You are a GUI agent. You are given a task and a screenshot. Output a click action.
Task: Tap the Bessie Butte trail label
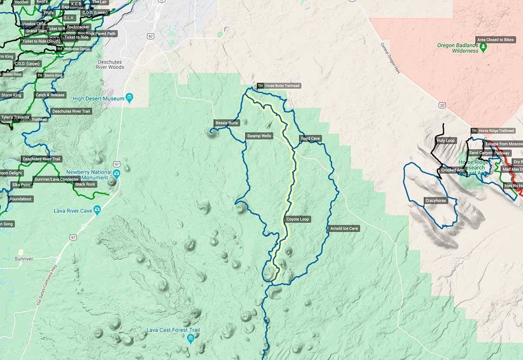point(227,123)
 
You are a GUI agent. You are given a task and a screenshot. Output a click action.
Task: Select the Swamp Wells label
point(259,136)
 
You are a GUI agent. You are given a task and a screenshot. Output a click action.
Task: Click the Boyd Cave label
point(310,139)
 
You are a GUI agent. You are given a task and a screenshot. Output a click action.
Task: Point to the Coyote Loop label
point(297,219)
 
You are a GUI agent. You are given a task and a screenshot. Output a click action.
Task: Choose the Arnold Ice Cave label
point(344,228)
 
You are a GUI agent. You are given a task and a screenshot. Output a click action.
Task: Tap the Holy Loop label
point(445,141)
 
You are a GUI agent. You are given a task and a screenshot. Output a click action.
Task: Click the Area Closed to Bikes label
point(496,40)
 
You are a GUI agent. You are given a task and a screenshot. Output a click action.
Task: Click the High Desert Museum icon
point(129,97)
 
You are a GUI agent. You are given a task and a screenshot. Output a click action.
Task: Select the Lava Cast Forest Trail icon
point(190,338)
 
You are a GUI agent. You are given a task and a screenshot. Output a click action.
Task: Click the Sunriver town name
point(24,258)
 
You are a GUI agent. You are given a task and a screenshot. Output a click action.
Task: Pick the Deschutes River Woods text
point(110,65)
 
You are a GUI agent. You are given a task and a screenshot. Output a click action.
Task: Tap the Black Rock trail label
point(85,184)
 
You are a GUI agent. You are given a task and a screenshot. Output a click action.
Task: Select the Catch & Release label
point(50,95)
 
